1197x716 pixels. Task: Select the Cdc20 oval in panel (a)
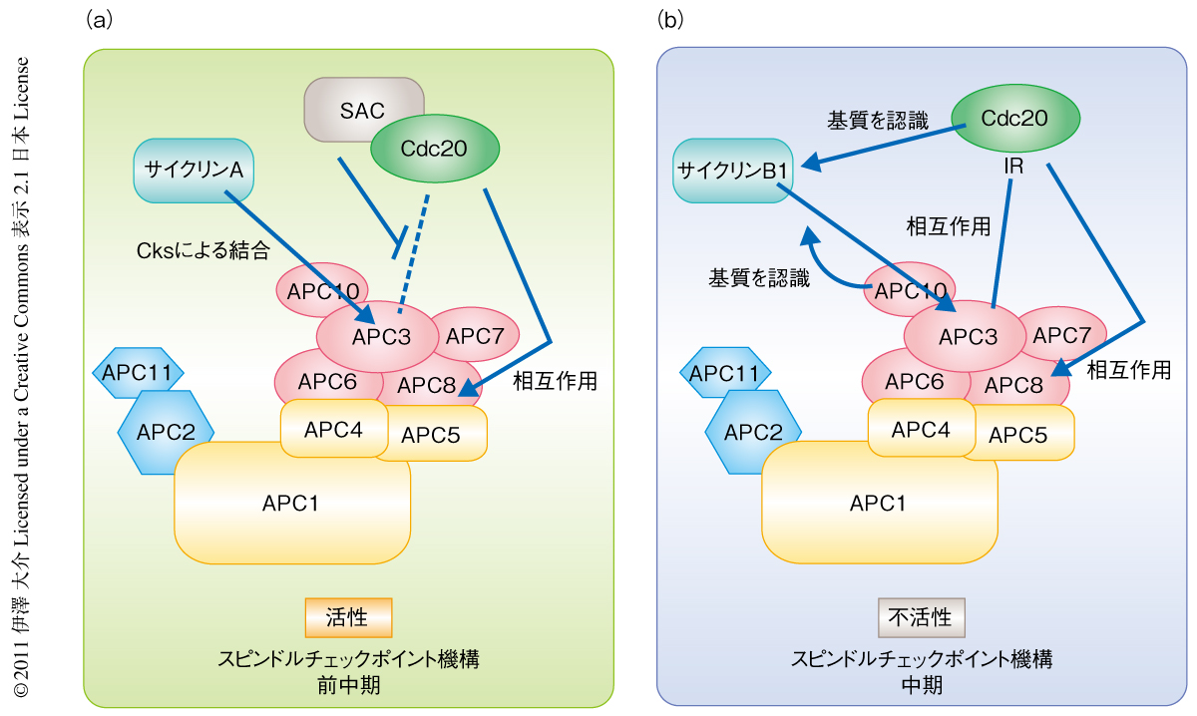(x=434, y=151)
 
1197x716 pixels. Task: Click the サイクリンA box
(x=195, y=170)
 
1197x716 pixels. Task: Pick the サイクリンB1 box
(x=733, y=170)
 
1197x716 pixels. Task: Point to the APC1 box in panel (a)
(x=292, y=503)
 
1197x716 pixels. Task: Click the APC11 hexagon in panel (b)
(x=725, y=374)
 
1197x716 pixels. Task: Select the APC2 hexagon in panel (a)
(x=166, y=432)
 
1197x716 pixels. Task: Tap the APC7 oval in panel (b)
(x=1061, y=335)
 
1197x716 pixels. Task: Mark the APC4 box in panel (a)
(x=334, y=429)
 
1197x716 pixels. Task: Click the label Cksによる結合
(x=202, y=252)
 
